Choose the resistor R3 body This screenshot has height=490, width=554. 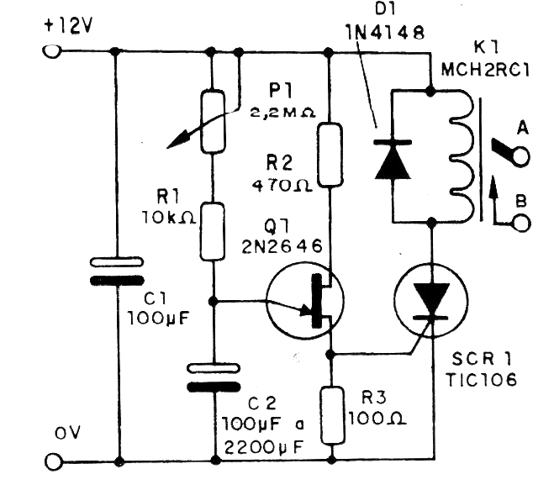[x=332, y=414]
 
